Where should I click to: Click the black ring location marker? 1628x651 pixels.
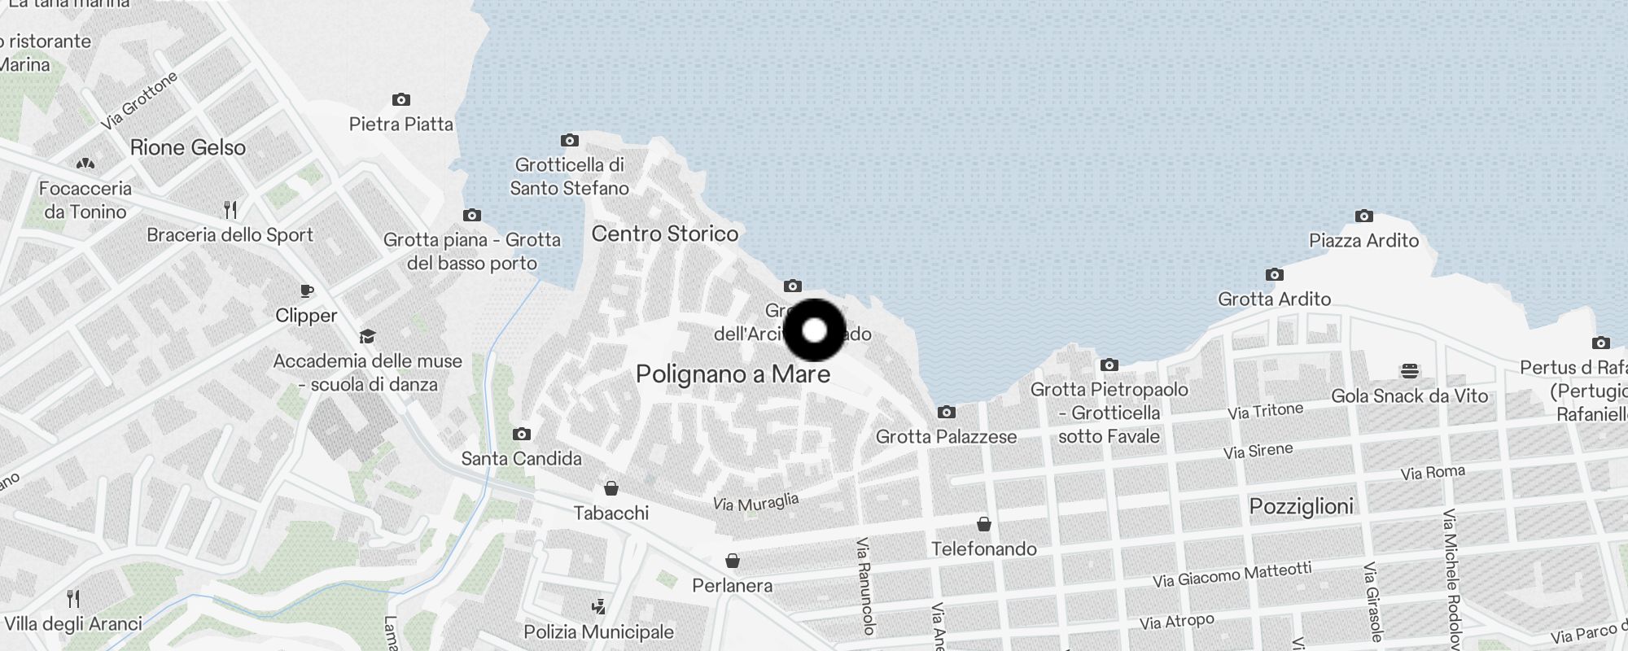click(814, 330)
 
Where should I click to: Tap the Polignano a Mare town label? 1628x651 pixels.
click(733, 374)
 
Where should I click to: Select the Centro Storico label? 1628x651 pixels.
click(665, 234)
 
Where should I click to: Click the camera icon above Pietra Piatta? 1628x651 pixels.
click(400, 100)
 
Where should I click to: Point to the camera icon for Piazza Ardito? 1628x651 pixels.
click(1364, 216)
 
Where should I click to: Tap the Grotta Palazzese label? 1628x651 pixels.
click(946, 437)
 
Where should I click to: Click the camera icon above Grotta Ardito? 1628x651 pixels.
click(1275, 275)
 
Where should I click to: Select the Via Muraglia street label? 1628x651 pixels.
click(755, 502)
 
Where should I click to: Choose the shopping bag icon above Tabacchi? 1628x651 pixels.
click(610, 488)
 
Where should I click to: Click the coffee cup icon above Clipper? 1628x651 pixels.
click(306, 291)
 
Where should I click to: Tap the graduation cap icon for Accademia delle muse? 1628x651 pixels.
click(367, 337)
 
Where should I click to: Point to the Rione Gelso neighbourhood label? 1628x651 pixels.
click(187, 147)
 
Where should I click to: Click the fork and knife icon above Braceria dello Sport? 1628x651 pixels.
click(230, 210)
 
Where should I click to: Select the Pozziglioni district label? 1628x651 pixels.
click(1301, 506)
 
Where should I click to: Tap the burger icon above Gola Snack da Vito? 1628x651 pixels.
click(1410, 371)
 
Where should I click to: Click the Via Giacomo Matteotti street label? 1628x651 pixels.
click(1232, 575)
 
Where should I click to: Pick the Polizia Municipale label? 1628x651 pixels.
click(598, 632)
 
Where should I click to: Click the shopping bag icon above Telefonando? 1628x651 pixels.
click(983, 523)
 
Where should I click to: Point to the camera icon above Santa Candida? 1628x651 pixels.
click(522, 434)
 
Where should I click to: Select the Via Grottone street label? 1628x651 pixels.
click(139, 101)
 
